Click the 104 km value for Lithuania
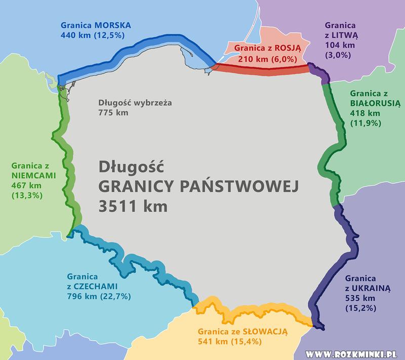[336, 45]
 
